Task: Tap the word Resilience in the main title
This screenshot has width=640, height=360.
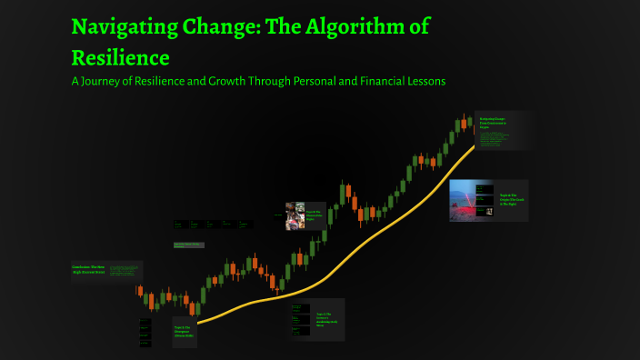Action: pyautogui.click(x=120, y=58)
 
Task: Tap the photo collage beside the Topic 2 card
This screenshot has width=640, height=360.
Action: pyautogui.click(x=294, y=215)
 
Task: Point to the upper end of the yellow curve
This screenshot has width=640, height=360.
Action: pyautogui.click(x=475, y=146)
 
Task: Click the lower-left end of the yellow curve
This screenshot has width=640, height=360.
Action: pyautogui.click(x=199, y=322)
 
